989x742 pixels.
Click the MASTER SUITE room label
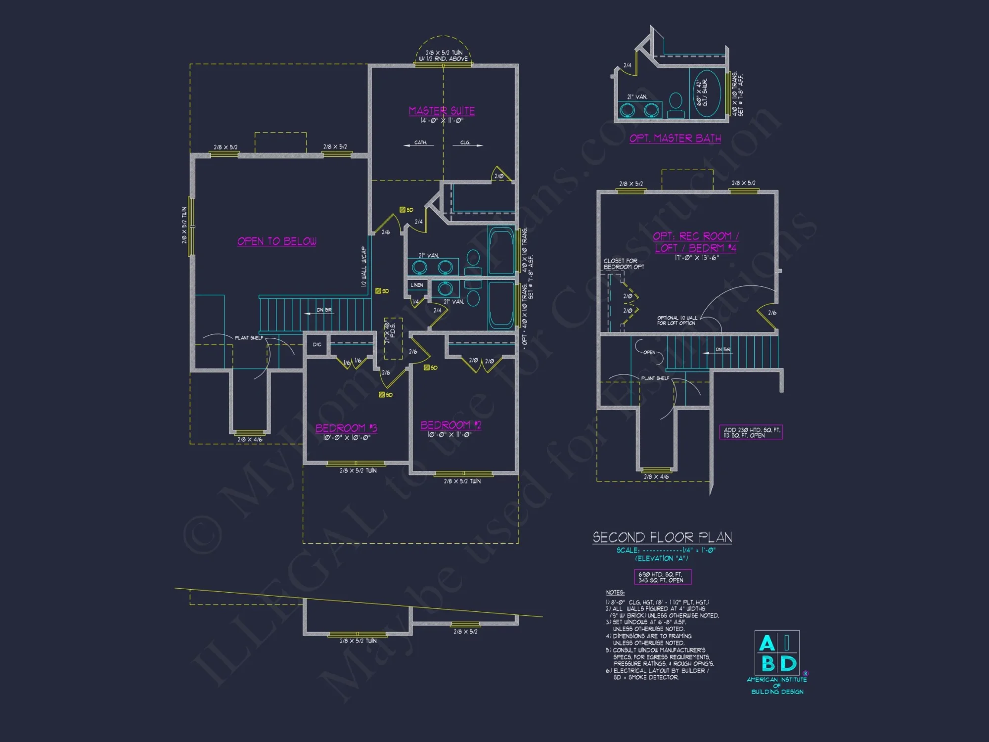coord(442,111)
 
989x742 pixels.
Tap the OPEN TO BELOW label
coord(277,241)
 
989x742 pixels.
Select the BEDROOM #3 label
coord(346,428)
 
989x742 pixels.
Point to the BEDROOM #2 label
coord(450,425)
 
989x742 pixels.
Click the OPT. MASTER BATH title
coord(675,139)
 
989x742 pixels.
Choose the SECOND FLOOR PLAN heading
coord(662,537)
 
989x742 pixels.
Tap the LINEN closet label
coord(417,285)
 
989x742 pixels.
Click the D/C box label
coord(317,344)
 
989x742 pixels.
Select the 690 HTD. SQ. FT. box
coord(663,577)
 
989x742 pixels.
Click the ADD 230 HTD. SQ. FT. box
coord(751,432)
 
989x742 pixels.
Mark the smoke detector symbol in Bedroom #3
coord(382,395)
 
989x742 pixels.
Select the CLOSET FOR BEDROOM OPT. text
coord(624,264)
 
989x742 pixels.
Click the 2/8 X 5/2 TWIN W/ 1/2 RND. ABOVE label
coord(444,55)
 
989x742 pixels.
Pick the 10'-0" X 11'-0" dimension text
coord(450,435)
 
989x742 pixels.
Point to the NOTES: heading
coord(615,592)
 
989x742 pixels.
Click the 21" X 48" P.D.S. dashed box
coord(393,338)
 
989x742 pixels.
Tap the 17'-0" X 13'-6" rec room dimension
coord(696,258)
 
